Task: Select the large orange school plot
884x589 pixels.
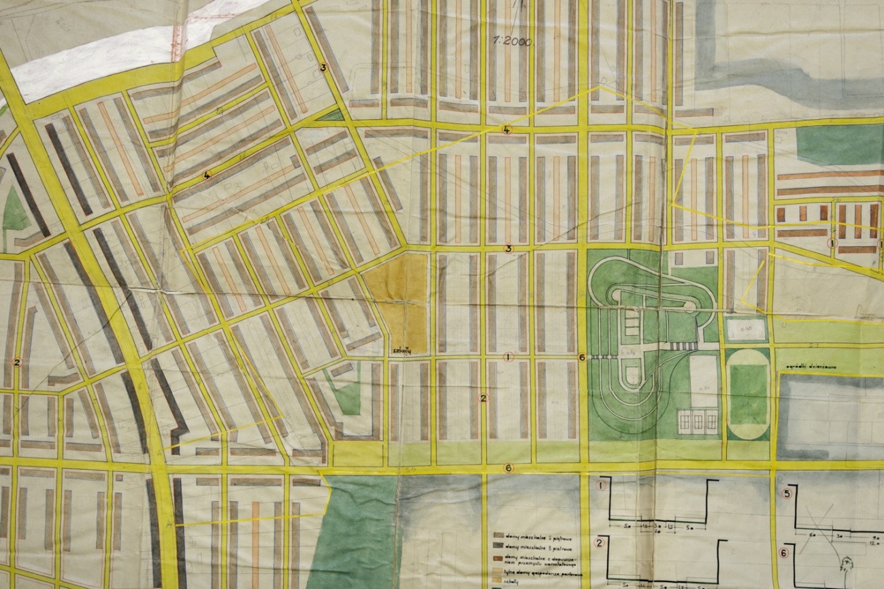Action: (398, 299)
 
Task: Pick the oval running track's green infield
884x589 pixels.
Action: (748, 394)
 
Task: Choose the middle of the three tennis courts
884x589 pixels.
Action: (698, 422)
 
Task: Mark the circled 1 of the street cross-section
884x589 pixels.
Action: (601, 486)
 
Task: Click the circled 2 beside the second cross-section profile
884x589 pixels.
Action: (600, 542)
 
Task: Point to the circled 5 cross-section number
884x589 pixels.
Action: (787, 494)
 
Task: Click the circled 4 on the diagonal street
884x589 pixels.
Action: (207, 175)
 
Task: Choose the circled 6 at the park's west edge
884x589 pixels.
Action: (581, 357)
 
